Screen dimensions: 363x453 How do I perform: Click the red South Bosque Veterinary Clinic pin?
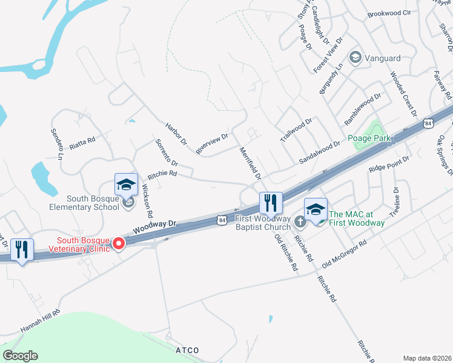(119, 244)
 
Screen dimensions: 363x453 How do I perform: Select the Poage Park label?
(369, 138)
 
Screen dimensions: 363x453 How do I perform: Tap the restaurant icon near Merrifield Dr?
(271, 203)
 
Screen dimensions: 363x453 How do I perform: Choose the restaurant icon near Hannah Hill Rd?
(22, 249)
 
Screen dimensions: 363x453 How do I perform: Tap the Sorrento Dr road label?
(166, 153)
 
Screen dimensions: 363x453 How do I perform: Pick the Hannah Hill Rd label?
(41, 321)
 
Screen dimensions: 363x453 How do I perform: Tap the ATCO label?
(187, 350)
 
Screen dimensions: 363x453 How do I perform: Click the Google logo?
(20, 356)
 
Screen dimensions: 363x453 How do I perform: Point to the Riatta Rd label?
(83, 142)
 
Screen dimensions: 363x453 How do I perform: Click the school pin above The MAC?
(316, 209)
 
